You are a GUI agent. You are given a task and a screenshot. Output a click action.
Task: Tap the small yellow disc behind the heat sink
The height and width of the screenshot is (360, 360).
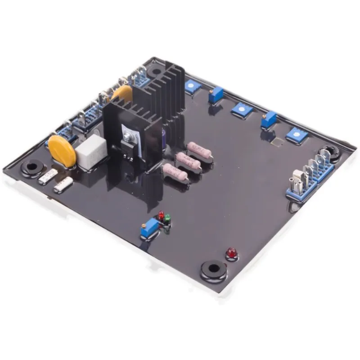point(122,93)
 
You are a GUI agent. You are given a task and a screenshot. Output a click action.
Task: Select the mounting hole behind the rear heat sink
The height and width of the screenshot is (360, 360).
point(157,71)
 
